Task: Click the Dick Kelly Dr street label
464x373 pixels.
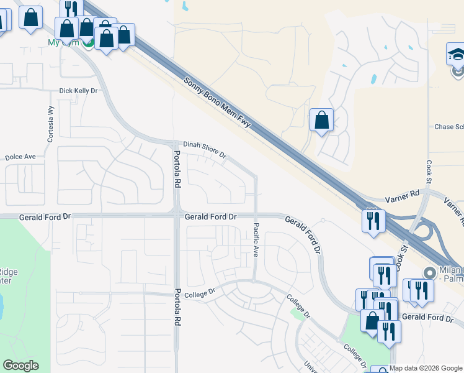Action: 78,91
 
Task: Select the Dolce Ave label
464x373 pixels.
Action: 20,157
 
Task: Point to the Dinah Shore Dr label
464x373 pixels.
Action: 205,149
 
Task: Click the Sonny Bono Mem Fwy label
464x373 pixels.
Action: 217,103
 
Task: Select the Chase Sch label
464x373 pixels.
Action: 449,127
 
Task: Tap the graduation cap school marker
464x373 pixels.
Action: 455,55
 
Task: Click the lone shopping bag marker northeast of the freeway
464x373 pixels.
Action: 321,120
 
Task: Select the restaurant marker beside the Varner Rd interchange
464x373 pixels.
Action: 373,221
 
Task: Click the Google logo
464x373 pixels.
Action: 21,366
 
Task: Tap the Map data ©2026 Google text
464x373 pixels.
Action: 426,369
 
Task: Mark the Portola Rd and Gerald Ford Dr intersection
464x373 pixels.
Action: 177,216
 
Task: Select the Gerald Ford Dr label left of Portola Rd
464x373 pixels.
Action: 45,217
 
